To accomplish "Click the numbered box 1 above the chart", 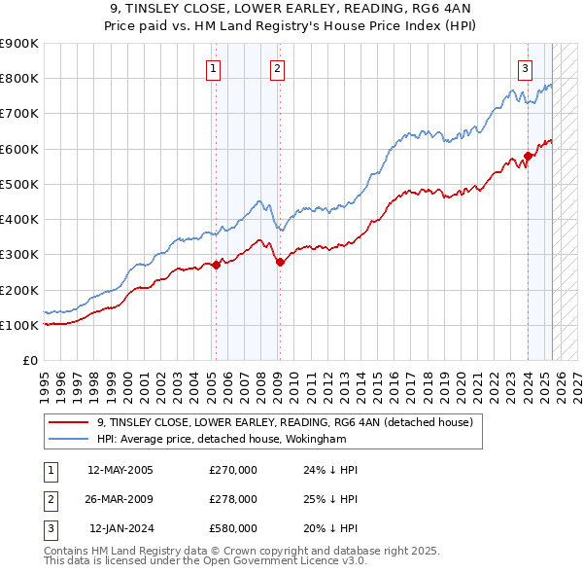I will (213, 68).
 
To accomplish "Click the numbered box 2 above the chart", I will (277, 68).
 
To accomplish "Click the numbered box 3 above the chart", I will (525, 68).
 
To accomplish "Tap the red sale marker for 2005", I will (216, 266).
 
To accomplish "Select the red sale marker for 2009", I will (279, 262).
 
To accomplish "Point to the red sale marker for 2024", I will (528, 156).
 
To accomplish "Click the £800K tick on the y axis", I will (19, 79).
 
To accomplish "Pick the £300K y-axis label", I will (19, 255).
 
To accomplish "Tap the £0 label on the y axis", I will (29, 361).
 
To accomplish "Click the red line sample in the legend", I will (68, 422).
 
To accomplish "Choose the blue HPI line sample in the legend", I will (68, 439).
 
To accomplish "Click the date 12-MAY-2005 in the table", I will (120, 470).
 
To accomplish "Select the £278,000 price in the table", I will (233, 499).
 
